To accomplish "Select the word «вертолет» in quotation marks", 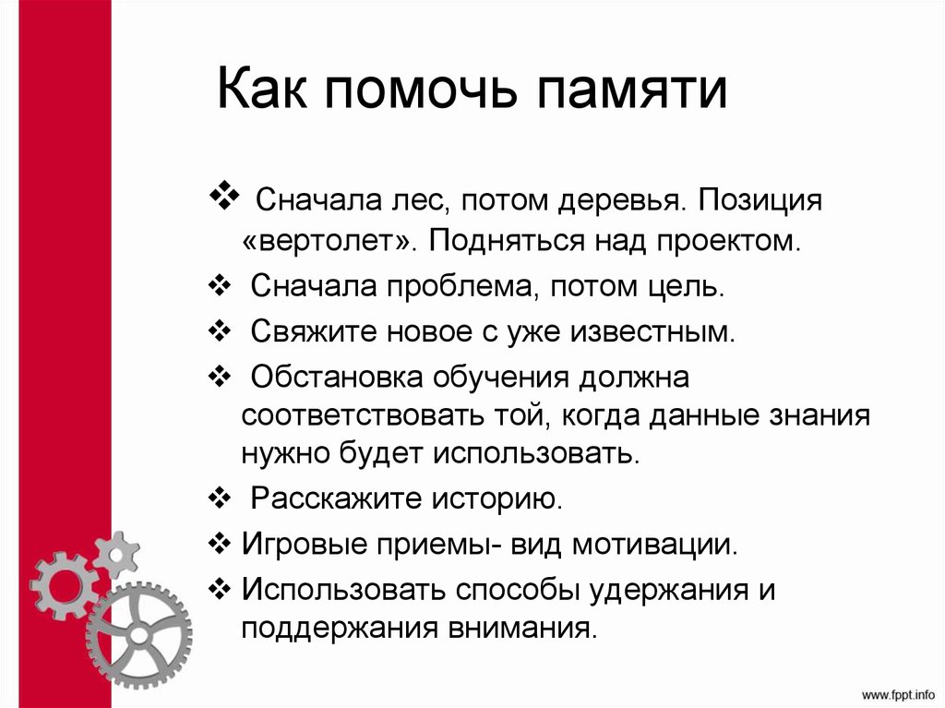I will pos(330,241).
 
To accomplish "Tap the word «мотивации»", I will pos(654,543).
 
